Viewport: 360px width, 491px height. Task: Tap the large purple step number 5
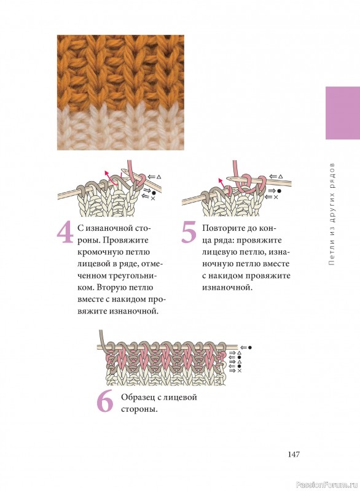[189, 232]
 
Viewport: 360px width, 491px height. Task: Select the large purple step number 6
[105, 402]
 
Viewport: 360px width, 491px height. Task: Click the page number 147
[294, 454]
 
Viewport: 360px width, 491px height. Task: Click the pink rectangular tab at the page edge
[343, 113]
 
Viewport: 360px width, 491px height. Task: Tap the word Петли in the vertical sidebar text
[332, 257]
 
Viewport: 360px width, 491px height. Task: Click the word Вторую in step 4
[111, 288]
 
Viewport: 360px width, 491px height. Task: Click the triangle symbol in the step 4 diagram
[158, 177]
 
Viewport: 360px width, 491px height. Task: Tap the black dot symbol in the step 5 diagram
[279, 191]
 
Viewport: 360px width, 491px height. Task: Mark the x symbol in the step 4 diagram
[153, 198]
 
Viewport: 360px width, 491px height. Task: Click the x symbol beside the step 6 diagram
[240, 371]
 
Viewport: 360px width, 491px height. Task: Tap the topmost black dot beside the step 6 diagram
[249, 347]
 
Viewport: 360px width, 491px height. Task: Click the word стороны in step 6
[139, 409]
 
